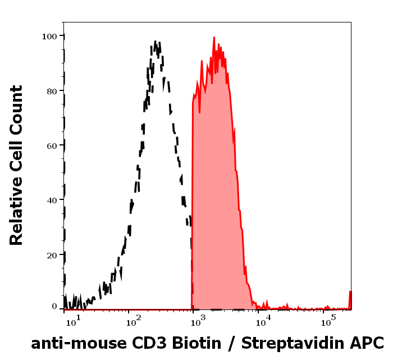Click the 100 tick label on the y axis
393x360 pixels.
(49, 36)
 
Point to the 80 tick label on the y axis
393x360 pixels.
(52, 90)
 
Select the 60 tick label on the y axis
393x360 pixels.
(52, 145)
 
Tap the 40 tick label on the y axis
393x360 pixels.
(52, 200)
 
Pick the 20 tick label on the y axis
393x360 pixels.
(52, 255)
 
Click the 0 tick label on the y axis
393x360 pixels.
(54, 307)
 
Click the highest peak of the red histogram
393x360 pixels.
(214, 38)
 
